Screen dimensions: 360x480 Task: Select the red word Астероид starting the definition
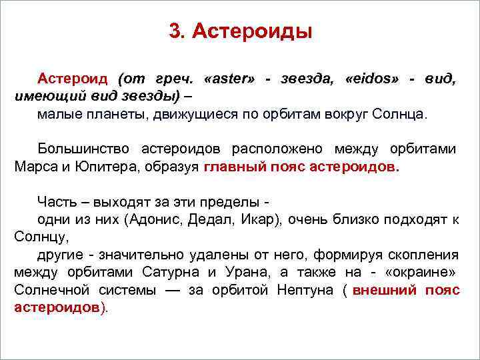click(x=74, y=79)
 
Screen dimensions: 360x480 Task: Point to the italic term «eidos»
click(x=372, y=79)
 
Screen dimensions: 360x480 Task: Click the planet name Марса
click(x=36, y=167)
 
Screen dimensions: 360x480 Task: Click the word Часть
click(x=57, y=201)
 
